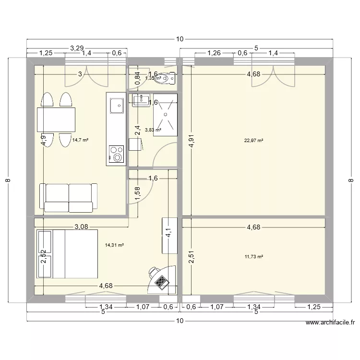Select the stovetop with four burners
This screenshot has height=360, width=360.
pos(116,154)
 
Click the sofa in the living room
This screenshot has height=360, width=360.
pos(68,197)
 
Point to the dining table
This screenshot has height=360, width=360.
pos(56,120)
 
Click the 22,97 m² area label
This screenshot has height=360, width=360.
pos(254,141)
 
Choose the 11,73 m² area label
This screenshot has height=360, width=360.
pos(254,257)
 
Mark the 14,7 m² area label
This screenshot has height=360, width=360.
pos(80,141)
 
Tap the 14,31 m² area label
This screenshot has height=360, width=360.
pos(114,245)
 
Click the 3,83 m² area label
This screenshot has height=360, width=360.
pos(153,130)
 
